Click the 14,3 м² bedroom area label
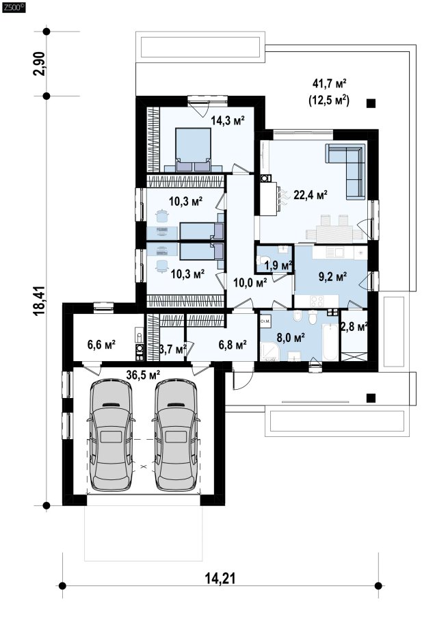tap(227, 121)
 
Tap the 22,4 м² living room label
tap(311, 195)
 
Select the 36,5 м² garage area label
tap(143, 374)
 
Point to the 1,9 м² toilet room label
tap(278, 265)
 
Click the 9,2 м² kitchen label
tap(333, 276)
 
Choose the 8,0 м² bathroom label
tap(291, 338)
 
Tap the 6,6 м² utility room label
tap(101, 344)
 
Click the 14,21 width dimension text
tap(220, 578)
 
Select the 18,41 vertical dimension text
tap(40, 301)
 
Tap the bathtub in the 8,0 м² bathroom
tap(330, 343)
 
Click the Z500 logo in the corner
tap(14, 7)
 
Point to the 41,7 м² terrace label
tap(330, 84)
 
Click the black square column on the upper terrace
tap(371, 103)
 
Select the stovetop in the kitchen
tap(317, 301)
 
